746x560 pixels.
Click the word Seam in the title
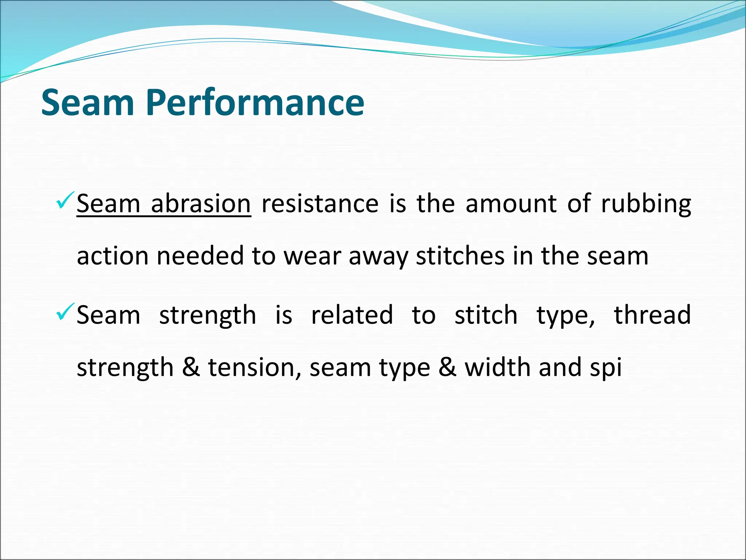[88, 103]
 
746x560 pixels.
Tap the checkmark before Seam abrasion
[66, 200]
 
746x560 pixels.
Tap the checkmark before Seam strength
[66, 312]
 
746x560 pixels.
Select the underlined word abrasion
[201, 204]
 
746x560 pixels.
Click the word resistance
[320, 204]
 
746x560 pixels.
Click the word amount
[511, 204]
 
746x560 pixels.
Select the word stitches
[460, 256]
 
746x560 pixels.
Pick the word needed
[200, 256]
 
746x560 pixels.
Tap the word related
[352, 315]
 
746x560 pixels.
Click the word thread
[652, 315]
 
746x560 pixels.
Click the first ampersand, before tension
[191, 367]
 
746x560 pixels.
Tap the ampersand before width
[447, 367]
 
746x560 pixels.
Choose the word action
[113, 256]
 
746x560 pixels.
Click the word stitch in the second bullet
[486, 315]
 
